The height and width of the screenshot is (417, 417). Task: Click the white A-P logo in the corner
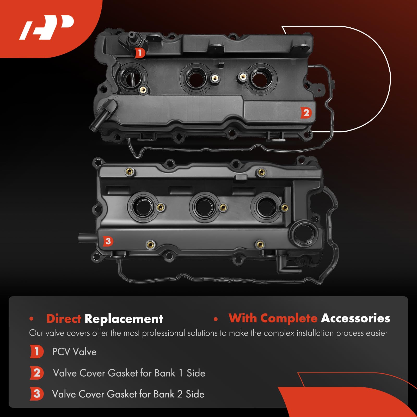[47, 27]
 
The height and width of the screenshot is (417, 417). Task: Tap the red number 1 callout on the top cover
[140, 53]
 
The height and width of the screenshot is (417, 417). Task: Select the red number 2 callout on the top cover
[306, 113]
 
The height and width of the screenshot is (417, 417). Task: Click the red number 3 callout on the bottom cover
[108, 241]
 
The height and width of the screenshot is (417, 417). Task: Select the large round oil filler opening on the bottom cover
[304, 233]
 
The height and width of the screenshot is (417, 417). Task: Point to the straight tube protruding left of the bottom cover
[87, 238]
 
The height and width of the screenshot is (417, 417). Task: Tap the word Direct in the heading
[64, 319]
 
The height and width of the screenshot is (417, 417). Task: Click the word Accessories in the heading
[355, 318]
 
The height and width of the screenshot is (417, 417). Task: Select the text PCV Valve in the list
[74, 352]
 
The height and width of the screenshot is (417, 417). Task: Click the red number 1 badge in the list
[36, 352]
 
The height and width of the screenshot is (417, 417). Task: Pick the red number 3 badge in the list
[36, 394]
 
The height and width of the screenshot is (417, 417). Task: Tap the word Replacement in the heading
[124, 319]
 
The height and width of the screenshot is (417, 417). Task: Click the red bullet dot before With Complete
[216, 319]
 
